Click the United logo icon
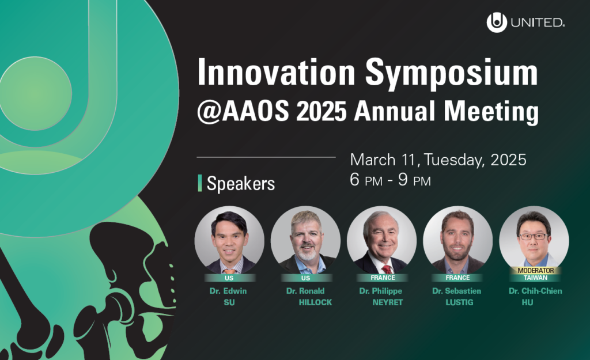pyautogui.click(x=496, y=22)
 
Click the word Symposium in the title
pyautogui.click(x=452, y=74)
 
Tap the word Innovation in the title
pyautogui.click(x=276, y=72)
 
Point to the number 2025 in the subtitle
pyautogui.click(x=322, y=111)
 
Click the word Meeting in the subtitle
pyautogui.click(x=491, y=112)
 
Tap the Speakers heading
pyautogui.click(x=241, y=184)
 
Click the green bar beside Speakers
pyautogui.click(x=200, y=183)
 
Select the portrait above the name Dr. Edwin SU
pyautogui.click(x=229, y=240)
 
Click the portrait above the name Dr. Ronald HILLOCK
pyautogui.click(x=305, y=240)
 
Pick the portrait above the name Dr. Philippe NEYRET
pyautogui.click(x=381, y=240)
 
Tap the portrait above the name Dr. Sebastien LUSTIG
pyautogui.click(x=457, y=240)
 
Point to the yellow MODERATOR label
pyautogui.click(x=535, y=271)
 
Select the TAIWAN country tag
pyautogui.click(x=535, y=278)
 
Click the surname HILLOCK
pyautogui.click(x=315, y=302)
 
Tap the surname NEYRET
pyautogui.click(x=388, y=302)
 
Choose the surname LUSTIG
pyautogui.click(x=459, y=302)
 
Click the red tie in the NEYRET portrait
pyautogui.click(x=387, y=270)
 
